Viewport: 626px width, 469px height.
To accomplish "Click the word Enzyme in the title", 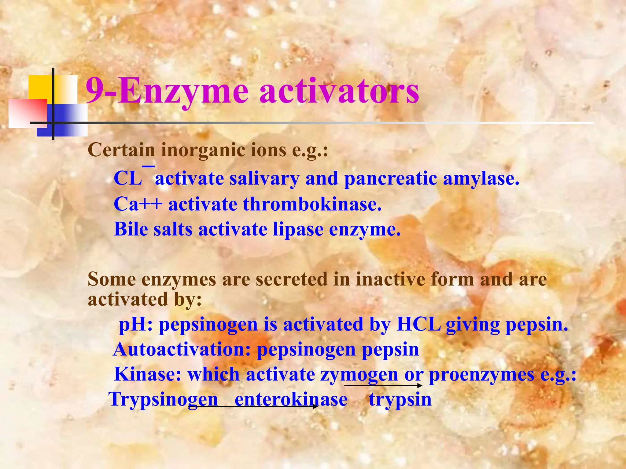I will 183,91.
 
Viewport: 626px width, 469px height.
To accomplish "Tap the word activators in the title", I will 339,91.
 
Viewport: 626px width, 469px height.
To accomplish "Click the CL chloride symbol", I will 128,178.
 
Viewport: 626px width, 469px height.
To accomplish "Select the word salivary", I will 264,178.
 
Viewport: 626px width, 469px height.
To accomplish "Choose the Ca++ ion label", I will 138,204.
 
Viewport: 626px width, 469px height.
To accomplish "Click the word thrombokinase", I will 312,204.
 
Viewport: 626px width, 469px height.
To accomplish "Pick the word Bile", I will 131,229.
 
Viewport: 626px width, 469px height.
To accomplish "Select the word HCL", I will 418,324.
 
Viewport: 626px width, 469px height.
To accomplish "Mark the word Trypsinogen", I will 163,400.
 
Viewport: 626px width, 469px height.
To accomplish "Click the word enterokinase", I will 291,400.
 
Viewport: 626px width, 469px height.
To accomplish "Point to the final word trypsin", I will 400,400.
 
